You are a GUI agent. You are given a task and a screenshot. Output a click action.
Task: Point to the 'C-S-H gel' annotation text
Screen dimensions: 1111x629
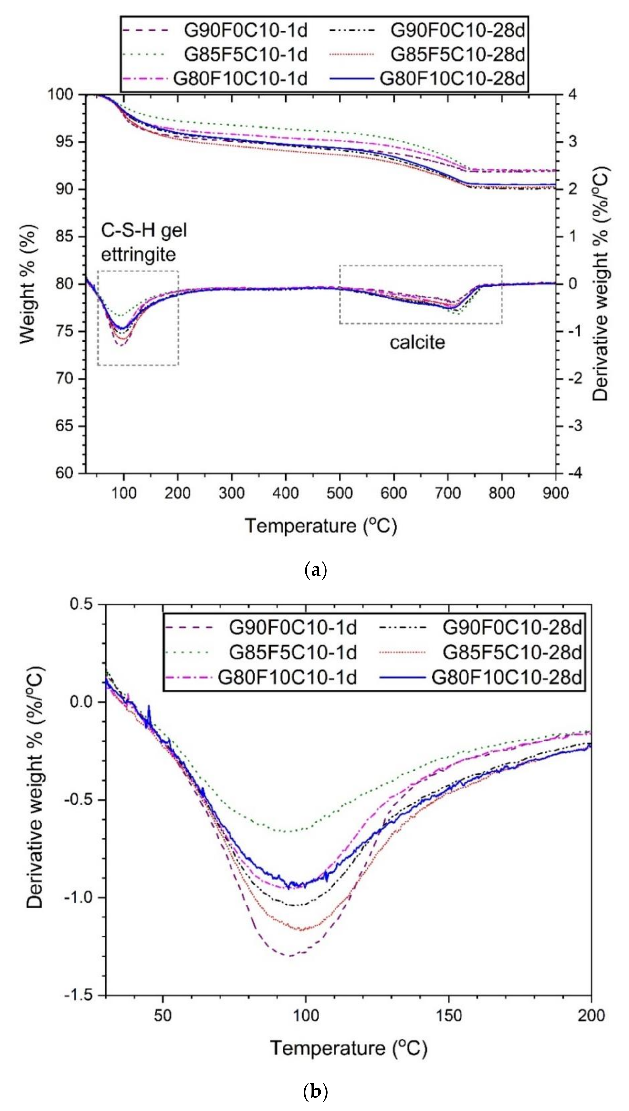pos(144,231)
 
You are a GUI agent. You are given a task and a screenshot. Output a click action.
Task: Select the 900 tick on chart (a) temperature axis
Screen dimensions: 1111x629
pos(555,493)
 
